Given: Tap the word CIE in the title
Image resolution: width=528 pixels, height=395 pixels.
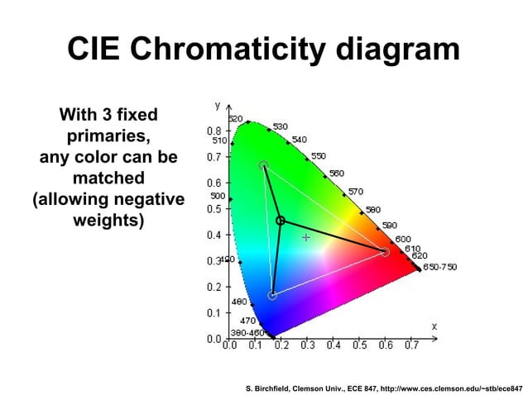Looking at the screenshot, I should tap(93, 49).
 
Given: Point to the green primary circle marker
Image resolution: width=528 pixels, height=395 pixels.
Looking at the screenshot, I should tap(263, 165).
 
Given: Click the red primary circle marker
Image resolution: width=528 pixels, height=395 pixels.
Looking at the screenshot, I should tap(385, 251).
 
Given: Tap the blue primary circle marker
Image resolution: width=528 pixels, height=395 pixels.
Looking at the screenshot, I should tap(272, 295).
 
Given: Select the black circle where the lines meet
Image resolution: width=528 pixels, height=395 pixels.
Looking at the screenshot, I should tap(281, 221).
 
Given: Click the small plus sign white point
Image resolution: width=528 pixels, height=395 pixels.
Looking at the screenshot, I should tap(305, 237).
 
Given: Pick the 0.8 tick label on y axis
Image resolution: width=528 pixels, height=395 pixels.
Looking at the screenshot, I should tap(214, 131).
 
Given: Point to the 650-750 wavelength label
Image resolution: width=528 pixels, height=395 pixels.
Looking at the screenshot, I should tap(440, 267).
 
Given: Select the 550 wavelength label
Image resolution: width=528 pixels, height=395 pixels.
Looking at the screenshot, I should tap(318, 155).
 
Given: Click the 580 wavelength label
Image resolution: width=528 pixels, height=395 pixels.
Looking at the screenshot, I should tap(373, 210).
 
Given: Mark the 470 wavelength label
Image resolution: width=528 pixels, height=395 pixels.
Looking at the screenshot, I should tap(247, 320).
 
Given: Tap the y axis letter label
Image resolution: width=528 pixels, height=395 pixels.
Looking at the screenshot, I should tap(218, 106).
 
